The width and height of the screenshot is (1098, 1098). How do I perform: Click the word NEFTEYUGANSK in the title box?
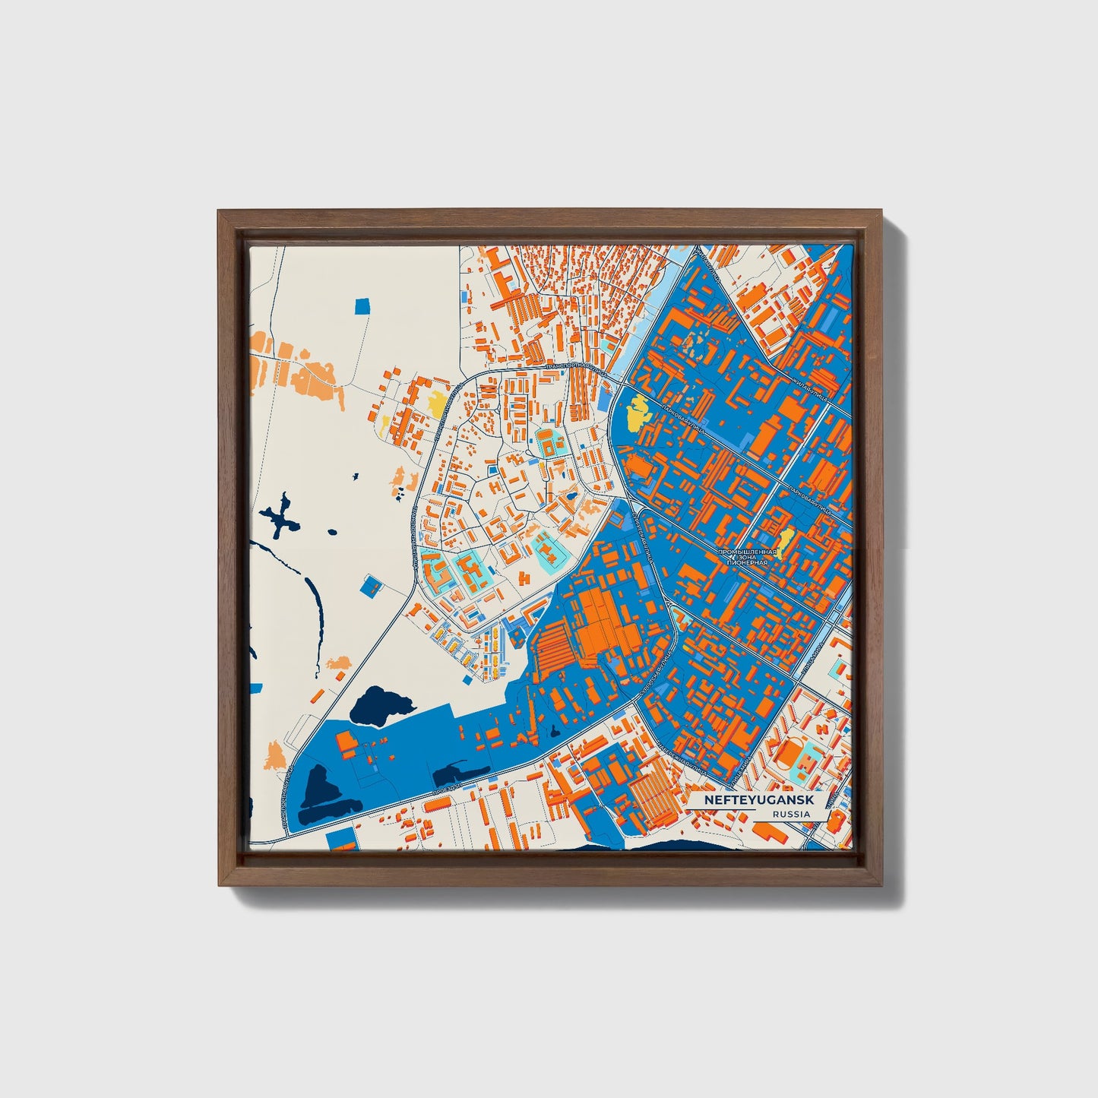coord(757,800)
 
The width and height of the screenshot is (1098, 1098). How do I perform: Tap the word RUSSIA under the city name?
coord(789,814)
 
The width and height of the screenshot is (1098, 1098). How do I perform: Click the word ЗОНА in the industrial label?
coord(748,557)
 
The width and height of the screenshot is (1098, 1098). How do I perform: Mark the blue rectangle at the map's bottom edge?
coord(340,840)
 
